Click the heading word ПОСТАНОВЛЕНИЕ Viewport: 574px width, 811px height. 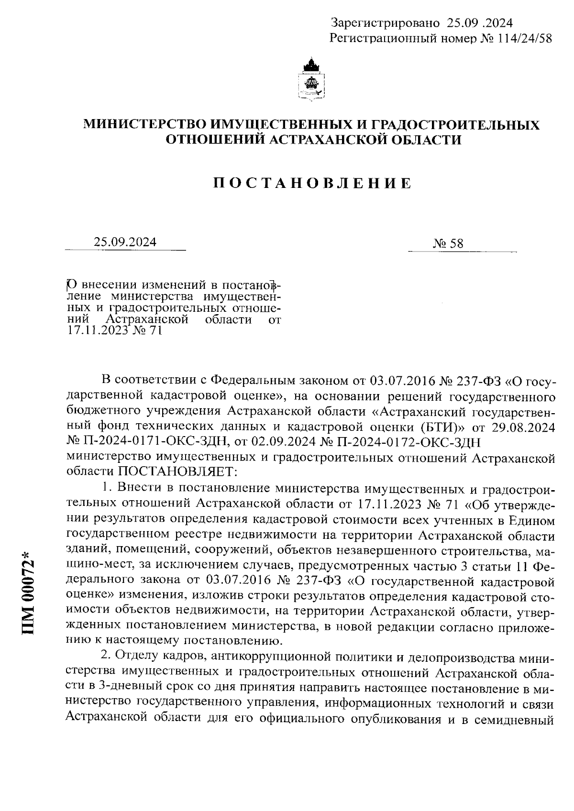click(311, 184)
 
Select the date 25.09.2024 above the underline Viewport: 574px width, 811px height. click(125, 242)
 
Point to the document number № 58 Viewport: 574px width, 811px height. click(448, 243)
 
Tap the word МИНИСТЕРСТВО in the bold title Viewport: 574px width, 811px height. click(145, 125)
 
